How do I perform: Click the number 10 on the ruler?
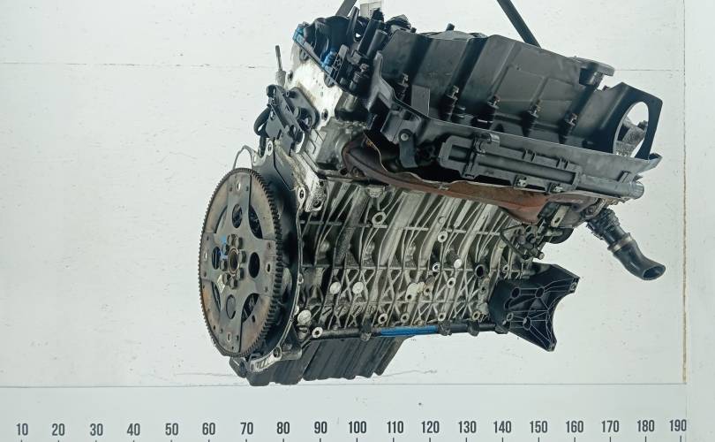coord(22,430)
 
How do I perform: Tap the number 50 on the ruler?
coord(171,430)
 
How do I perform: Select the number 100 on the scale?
coord(357,428)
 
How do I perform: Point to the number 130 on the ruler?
coord(467,427)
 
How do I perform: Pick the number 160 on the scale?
coord(575,427)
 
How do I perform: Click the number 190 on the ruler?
coord(678,426)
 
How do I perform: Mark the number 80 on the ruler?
coord(282,429)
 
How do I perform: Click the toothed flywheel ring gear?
coord(241,263)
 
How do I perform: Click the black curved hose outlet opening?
coord(653,271)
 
